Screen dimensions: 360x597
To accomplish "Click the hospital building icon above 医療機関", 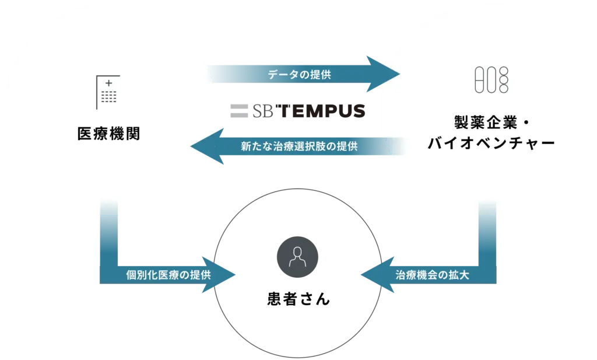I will (108, 92).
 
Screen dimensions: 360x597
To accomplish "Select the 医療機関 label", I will (108, 134).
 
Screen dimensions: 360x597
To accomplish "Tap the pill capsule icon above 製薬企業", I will (491, 80).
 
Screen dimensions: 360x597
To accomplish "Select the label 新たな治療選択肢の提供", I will (298, 146).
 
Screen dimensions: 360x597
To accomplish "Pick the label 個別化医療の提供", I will (168, 274).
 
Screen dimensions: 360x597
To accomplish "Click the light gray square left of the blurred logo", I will (238, 111).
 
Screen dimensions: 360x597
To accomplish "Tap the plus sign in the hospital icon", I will (108, 83).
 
